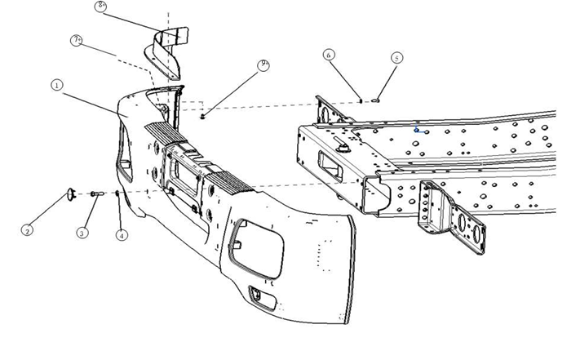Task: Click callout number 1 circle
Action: [57, 84]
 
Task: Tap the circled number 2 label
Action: [27, 230]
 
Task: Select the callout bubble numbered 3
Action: [82, 233]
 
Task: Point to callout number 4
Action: [122, 235]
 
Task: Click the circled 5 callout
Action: [396, 58]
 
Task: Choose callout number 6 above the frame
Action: [329, 55]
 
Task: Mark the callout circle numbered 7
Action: [77, 40]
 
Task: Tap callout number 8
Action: [100, 6]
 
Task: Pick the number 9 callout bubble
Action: [263, 64]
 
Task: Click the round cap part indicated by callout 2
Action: [71, 193]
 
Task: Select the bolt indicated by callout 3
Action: [95, 193]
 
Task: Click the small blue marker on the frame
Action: [418, 129]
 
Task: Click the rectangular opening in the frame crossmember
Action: [330, 162]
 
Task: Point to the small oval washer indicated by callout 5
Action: [376, 100]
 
